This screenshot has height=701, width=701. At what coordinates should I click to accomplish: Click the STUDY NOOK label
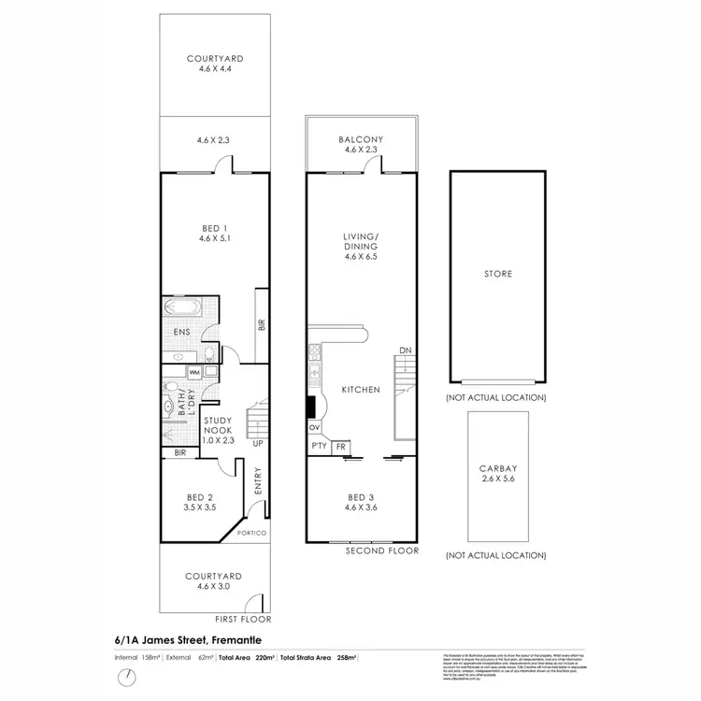tap(217, 426)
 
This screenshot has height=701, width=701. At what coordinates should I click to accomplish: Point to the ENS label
tap(181, 332)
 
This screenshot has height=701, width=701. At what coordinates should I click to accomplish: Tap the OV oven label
tap(313, 427)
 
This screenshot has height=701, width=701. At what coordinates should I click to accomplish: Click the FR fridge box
tap(340, 447)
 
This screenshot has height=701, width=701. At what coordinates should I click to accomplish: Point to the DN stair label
tap(405, 351)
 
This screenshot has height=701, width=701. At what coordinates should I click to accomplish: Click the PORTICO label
tap(252, 533)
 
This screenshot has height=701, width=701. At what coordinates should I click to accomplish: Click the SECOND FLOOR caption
tap(382, 552)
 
